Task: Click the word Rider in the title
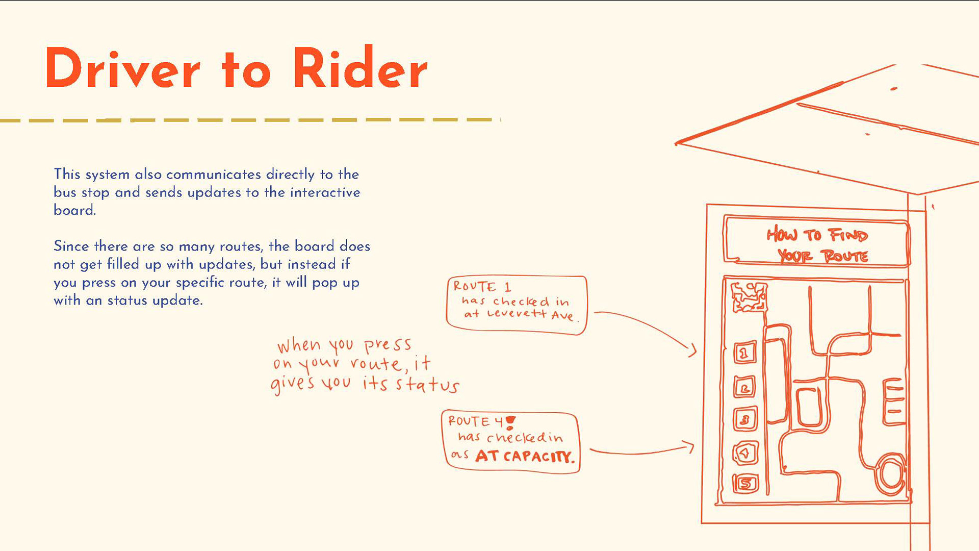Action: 360,69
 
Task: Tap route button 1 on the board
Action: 744,353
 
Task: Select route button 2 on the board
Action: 744,388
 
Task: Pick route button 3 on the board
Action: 744,420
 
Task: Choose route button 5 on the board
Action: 745,483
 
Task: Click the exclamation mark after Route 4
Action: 510,422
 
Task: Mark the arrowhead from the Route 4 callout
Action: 691,447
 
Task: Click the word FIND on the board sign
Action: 847,235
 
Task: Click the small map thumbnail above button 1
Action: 749,297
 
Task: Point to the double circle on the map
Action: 891,474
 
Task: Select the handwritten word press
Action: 388,345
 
